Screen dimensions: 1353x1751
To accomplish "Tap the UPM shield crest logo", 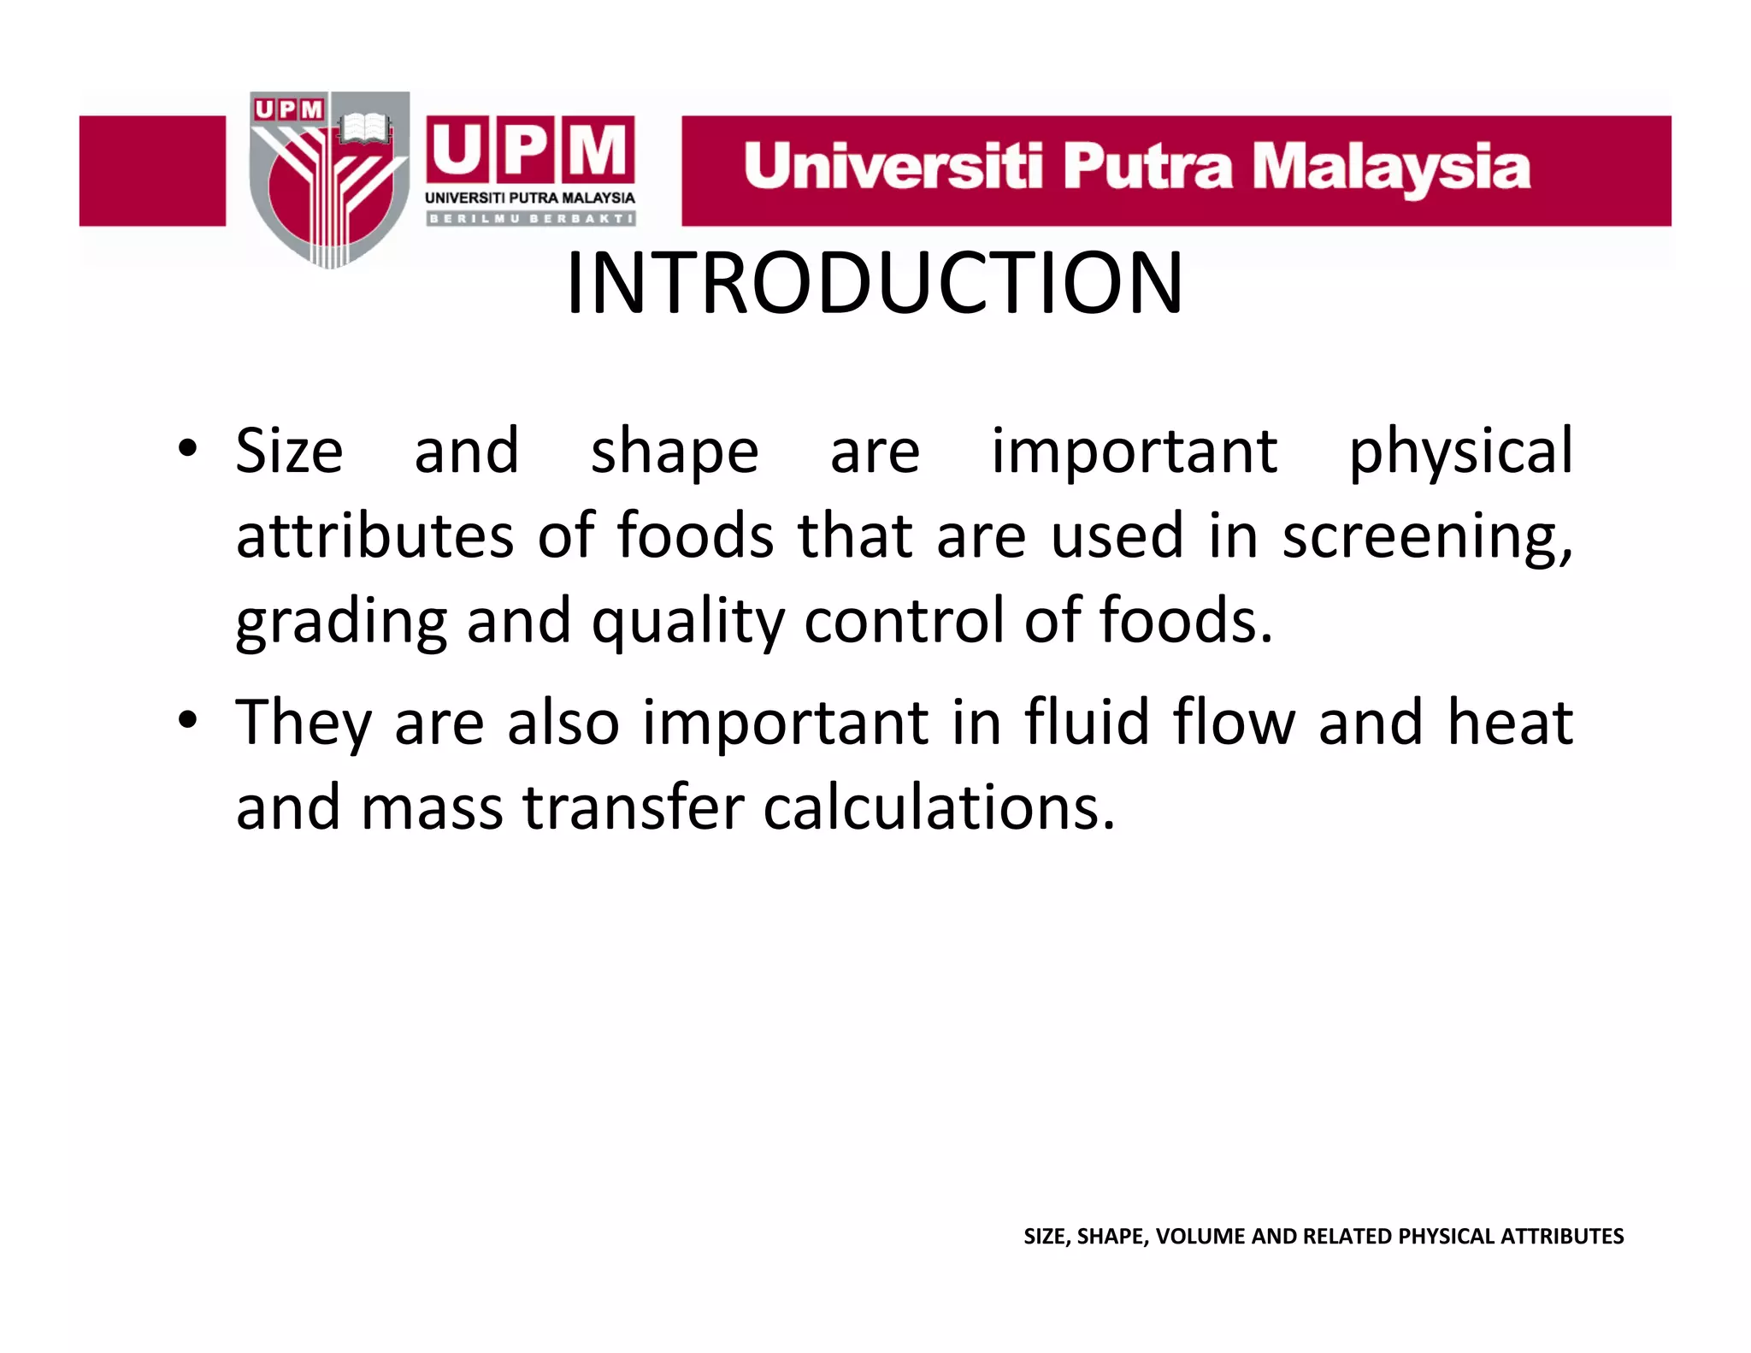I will pyautogui.click(x=329, y=180).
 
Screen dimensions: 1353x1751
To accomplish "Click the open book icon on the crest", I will pyautogui.click(x=365, y=129).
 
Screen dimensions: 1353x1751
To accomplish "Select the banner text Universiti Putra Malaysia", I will pyautogui.click(x=1136, y=168).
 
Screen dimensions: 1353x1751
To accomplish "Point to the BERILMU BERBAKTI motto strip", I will pyautogui.click(x=530, y=219).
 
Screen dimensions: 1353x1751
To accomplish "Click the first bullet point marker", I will pyautogui.click(x=188, y=448).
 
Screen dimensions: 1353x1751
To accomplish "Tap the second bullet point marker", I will pyautogui.click(x=188, y=720).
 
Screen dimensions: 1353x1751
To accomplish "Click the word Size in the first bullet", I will pyautogui.click(x=289, y=451).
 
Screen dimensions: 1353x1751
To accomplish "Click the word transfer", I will pyautogui.click(x=634, y=807).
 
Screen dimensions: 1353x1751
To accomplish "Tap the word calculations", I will pyautogui.click(x=938, y=807).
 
